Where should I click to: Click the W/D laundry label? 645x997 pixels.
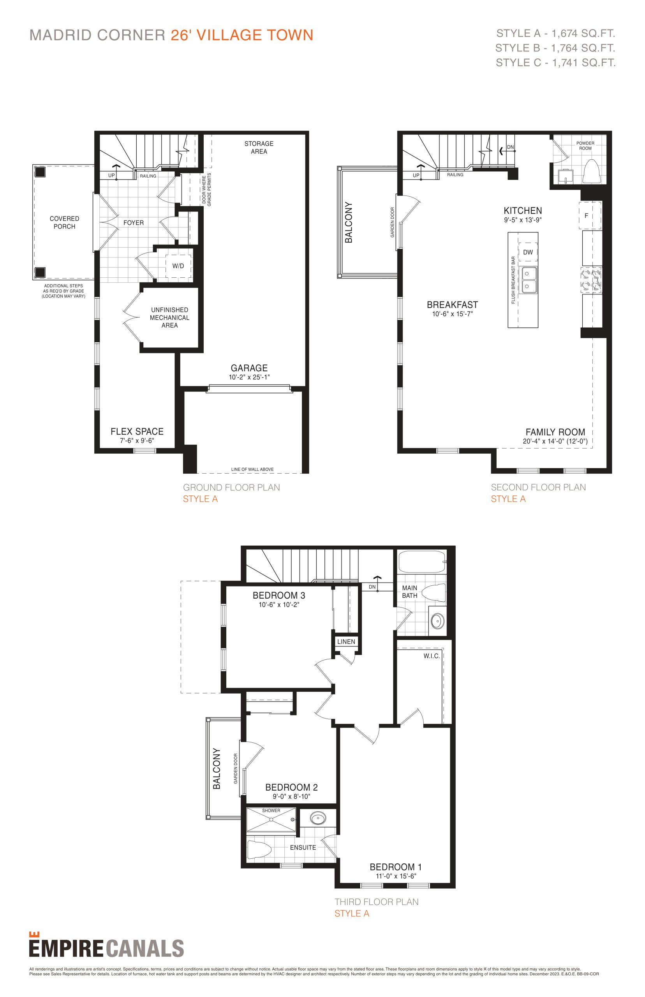[178, 266]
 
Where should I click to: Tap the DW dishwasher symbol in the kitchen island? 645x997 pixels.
[528, 252]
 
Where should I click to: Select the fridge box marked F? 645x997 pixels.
[590, 216]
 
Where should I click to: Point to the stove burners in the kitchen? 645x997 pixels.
[591, 279]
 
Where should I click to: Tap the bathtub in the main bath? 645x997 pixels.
[422, 562]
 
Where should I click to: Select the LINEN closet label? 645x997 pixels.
[346, 641]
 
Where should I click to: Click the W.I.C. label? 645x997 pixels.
[432, 656]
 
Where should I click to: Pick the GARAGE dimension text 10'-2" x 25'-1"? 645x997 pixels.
[249, 377]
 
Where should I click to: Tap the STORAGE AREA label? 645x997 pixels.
[259, 147]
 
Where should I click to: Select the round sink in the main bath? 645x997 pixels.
[437, 621]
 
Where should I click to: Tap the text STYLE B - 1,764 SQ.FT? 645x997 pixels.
[555, 48]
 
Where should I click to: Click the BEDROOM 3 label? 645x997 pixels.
[279, 595]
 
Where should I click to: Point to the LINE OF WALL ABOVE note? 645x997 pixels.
[252, 469]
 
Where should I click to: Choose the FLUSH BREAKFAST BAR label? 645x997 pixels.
[513, 280]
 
